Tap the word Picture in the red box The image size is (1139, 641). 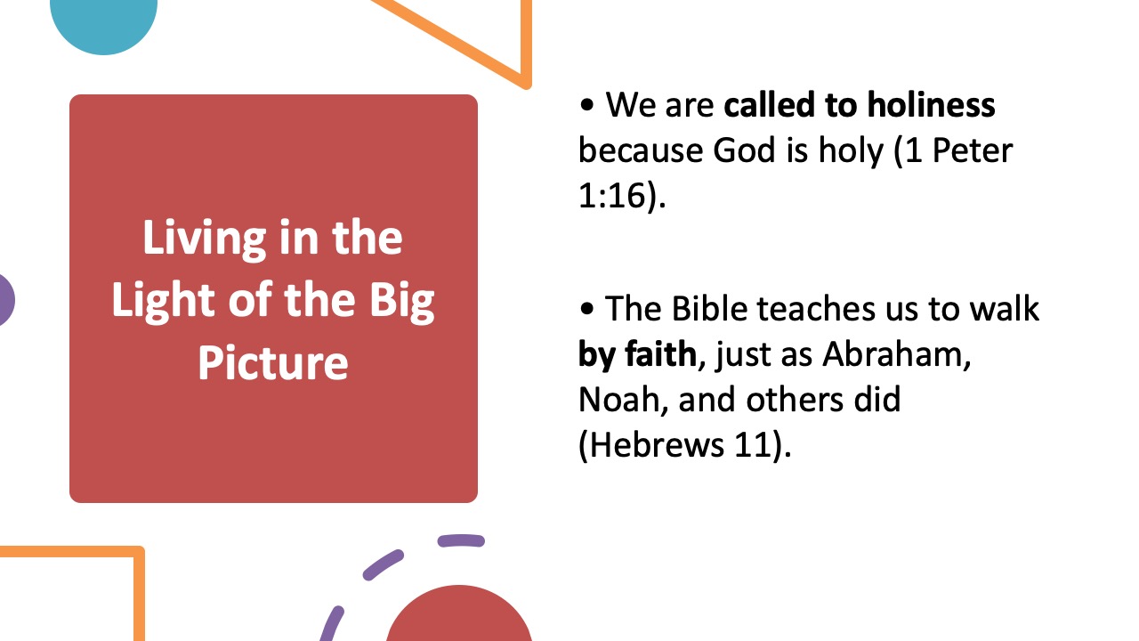(x=272, y=362)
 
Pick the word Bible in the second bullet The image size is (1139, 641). (x=715, y=309)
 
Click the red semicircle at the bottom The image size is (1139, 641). (x=459, y=619)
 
